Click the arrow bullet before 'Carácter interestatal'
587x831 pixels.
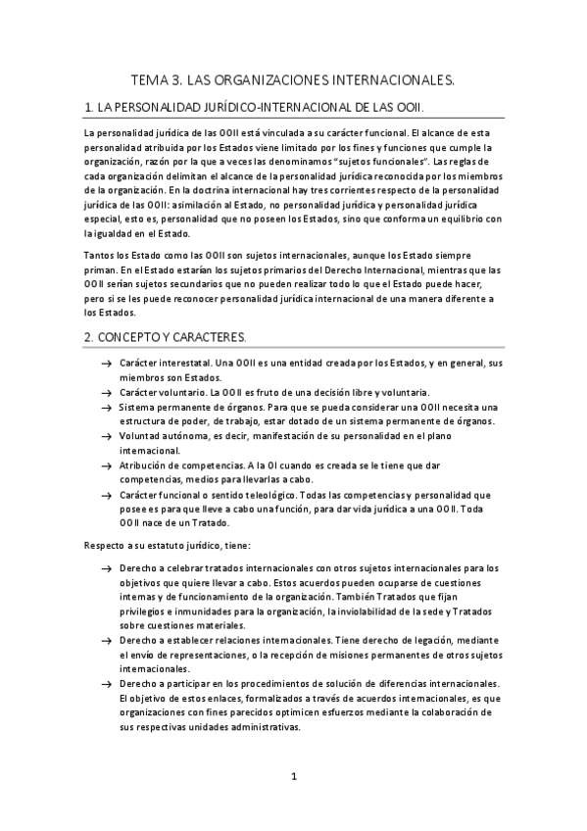tap(106, 363)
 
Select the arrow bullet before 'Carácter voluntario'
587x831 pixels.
tap(106, 392)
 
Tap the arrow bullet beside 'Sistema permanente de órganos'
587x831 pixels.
tap(106, 406)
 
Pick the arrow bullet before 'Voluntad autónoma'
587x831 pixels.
tap(106, 435)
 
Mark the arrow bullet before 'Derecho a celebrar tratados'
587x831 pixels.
tap(106, 567)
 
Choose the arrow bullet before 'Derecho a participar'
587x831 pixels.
tap(106, 683)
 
